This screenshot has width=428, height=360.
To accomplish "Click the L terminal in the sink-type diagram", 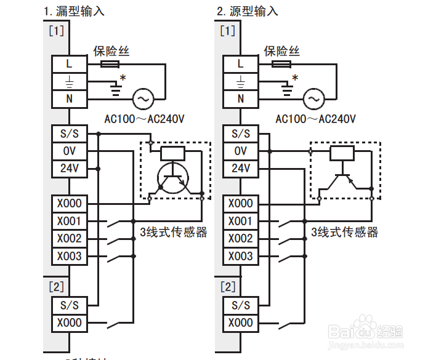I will click(69, 62).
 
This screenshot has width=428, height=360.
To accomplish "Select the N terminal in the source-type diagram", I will click(240, 98).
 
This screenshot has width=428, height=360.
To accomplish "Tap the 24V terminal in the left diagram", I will click(69, 168).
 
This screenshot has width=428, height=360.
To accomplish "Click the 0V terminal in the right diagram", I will click(240, 151).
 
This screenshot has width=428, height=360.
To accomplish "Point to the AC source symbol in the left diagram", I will click(143, 98).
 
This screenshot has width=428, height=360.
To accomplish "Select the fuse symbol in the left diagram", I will click(110, 63).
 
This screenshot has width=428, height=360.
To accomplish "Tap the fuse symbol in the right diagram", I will click(281, 63).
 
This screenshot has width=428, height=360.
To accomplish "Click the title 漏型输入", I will click(83, 11).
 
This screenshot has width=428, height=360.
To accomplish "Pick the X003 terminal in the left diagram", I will click(69, 256).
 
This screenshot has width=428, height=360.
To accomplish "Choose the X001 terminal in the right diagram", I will click(240, 221).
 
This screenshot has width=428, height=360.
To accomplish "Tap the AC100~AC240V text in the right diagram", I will click(315, 119).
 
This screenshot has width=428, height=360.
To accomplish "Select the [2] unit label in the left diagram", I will click(55, 286).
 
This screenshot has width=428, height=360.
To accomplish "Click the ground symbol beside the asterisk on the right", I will click(286, 90).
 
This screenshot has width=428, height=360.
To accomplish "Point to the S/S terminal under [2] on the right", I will click(240, 305).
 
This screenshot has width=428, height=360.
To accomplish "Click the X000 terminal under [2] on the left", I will click(69, 322).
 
